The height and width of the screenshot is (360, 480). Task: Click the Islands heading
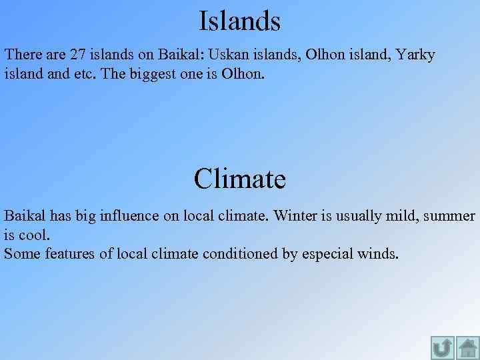tap(239, 21)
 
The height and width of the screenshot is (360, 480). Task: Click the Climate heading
tap(239, 179)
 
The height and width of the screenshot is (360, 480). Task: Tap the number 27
tap(78, 55)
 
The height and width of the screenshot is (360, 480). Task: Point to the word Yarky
tap(415, 55)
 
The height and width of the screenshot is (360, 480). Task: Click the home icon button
tap(467, 348)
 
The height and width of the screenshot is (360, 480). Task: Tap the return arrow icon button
tap(442, 348)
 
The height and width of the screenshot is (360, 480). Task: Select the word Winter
tap(295, 216)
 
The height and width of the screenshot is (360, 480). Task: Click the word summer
tap(449, 216)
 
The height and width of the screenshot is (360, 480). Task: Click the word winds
tap(379, 253)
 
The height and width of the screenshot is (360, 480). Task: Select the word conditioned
tap(246, 253)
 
